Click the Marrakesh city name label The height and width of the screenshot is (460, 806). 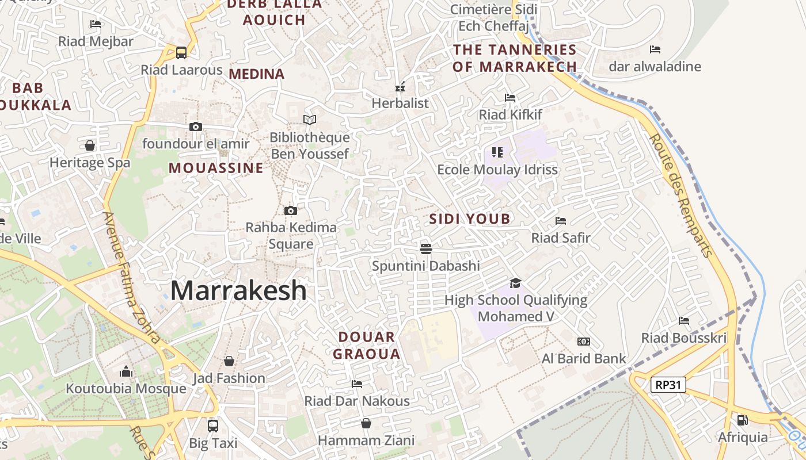238,290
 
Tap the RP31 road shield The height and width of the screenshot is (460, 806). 668,385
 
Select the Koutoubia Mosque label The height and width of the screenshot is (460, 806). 126,389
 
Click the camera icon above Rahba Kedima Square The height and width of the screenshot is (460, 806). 291,210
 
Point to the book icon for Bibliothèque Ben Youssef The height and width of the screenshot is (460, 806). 310,120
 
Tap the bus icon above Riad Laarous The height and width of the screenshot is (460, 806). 181,53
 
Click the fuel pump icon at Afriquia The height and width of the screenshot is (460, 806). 743,420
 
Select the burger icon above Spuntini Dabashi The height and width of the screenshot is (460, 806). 426,248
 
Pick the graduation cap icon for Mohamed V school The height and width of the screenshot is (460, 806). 515,283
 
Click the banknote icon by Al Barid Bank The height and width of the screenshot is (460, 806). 584,342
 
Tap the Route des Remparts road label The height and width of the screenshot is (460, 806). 680,195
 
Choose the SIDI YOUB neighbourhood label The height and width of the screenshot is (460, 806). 470,219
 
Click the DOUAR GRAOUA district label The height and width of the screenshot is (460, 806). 367,346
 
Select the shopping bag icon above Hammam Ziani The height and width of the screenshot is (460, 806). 366,424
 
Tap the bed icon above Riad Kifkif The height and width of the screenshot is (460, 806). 510,98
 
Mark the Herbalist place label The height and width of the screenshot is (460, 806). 400,103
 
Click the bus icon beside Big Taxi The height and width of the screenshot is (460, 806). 213,425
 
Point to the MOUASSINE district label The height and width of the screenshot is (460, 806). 216,168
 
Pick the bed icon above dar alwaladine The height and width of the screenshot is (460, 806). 655,49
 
